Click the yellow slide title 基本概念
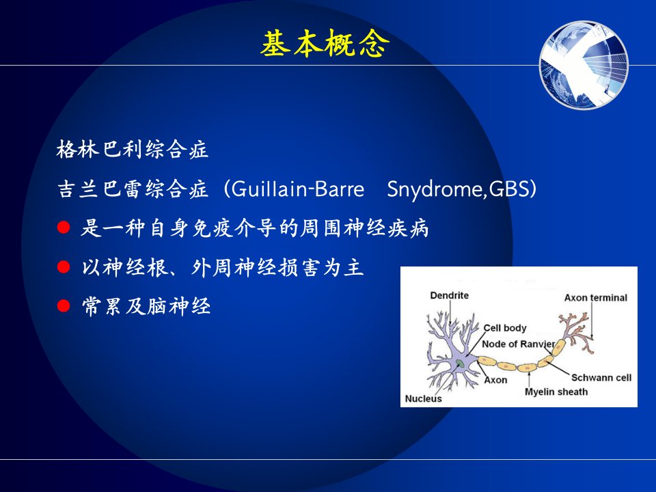click(x=325, y=44)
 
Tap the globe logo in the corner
click(x=584, y=66)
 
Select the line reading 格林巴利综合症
click(x=132, y=150)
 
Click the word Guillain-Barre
click(x=297, y=189)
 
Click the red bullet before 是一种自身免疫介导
click(x=64, y=228)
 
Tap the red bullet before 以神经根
click(x=64, y=267)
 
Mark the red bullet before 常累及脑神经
click(x=64, y=306)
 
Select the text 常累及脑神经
click(x=146, y=306)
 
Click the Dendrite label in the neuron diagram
click(x=450, y=295)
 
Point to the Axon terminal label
click(x=596, y=298)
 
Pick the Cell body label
click(x=505, y=328)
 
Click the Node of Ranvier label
click(x=519, y=344)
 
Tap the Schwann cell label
click(x=601, y=378)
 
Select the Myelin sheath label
click(x=556, y=392)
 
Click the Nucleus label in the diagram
click(x=424, y=398)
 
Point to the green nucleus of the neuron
click(x=460, y=363)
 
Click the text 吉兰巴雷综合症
click(x=132, y=189)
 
